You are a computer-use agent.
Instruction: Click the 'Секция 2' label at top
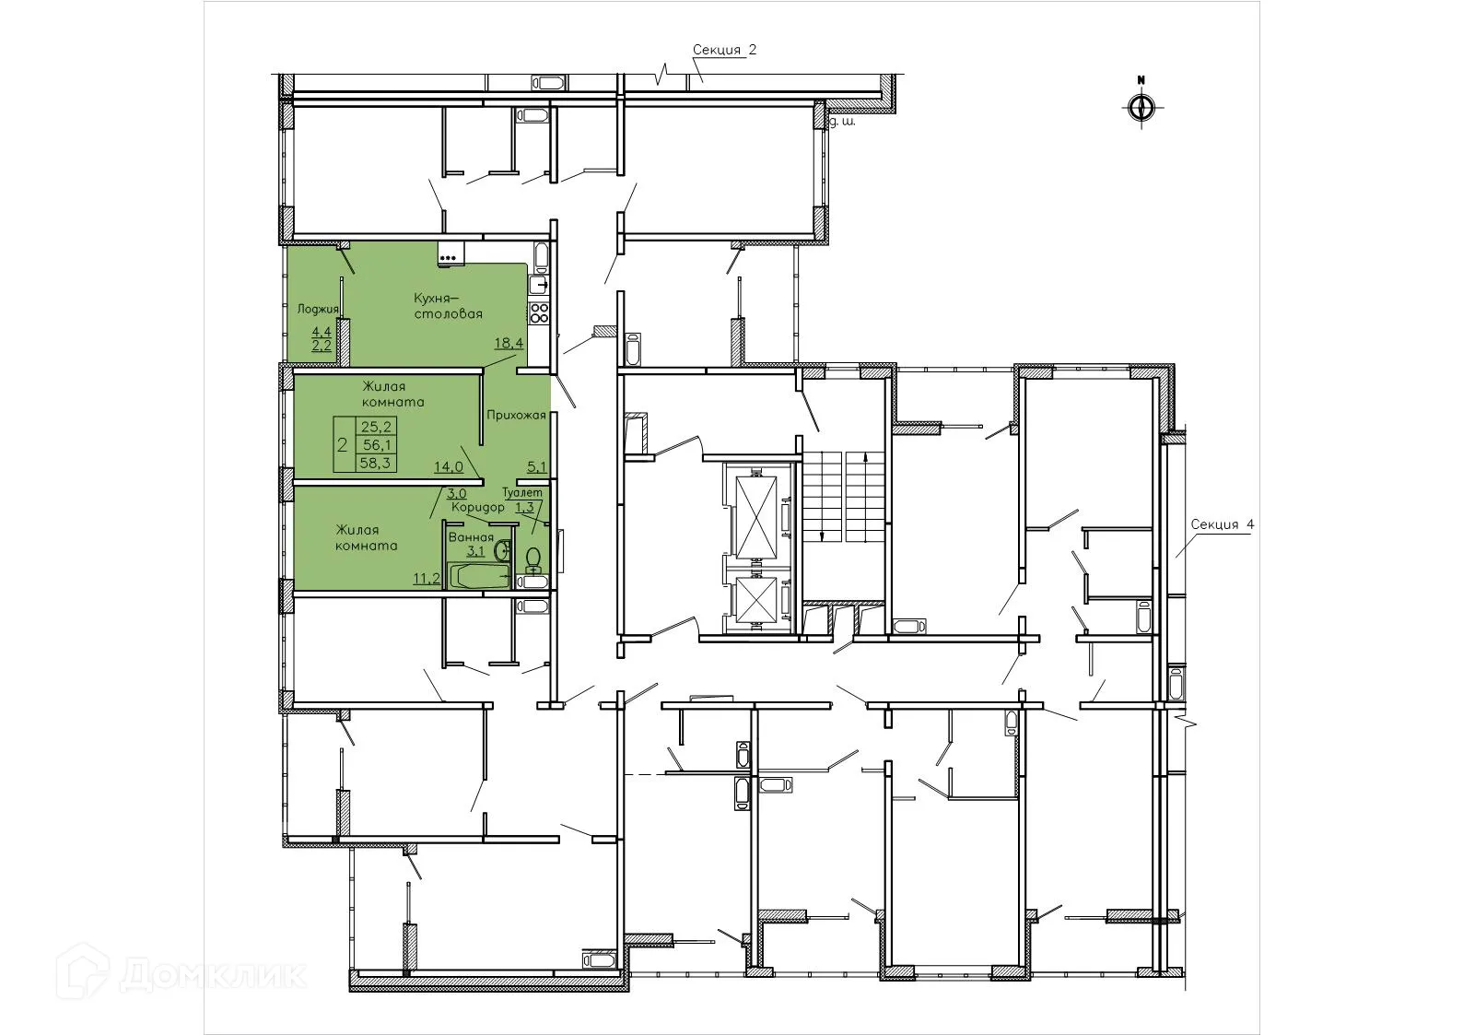coord(724,51)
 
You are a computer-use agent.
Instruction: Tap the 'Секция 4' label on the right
coord(1222,524)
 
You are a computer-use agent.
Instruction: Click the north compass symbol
coord(1141,106)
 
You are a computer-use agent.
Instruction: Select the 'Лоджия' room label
coord(318,309)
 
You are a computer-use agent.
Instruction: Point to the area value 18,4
coord(509,343)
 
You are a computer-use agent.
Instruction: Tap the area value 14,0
coord(449,466)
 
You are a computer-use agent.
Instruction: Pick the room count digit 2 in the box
coord(343,445)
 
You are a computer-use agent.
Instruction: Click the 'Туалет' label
coord(522,494)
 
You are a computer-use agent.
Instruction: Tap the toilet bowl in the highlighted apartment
coord(533,560)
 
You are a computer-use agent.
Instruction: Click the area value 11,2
coord(426,578)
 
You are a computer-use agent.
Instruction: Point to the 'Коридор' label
coord(477,508)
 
